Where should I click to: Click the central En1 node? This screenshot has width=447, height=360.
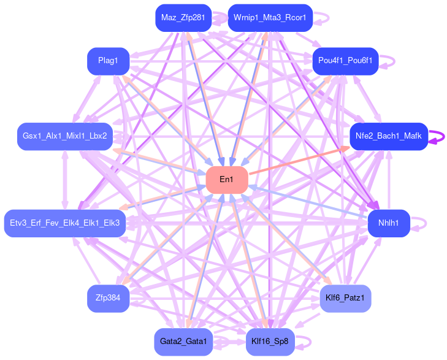click(x=227, y=180)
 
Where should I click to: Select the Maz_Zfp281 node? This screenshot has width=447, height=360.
click(x=183, y=18)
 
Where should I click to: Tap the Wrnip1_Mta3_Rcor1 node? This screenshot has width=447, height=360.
click(x=270, y=18)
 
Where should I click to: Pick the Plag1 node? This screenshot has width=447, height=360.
click(x=108, y=61)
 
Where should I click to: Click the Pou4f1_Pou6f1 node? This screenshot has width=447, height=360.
click(x=345, y=61)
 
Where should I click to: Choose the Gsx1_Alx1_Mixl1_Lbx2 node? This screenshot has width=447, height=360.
click(x=65, y=136)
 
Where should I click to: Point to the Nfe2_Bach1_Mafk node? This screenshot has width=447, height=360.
click(x=388, y=136)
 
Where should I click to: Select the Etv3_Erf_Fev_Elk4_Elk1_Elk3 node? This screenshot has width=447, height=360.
click(x=65, y=221)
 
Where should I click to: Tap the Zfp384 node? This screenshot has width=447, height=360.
click(x=108, y=298)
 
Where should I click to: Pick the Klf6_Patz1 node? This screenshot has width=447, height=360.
click(x=345, y=298)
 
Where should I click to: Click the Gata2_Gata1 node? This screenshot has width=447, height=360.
click(x=183, y=341)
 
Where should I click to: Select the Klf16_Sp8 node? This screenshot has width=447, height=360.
click(x=270, y=341)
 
